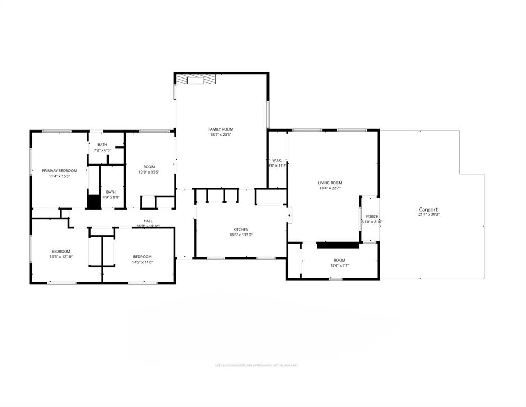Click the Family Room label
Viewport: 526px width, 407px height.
220,129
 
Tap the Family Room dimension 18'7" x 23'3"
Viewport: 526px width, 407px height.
220,135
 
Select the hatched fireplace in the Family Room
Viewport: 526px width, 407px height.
196,79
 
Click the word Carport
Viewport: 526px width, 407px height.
428,209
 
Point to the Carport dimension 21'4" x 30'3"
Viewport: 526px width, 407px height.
429,215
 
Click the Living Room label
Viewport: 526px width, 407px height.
329,183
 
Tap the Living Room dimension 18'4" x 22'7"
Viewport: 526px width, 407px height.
329,188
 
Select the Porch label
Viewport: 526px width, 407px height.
372,217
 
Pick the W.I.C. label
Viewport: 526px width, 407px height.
277,160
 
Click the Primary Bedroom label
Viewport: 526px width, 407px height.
59,170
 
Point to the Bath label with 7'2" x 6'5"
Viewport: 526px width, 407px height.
102,145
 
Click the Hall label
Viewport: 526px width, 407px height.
148,221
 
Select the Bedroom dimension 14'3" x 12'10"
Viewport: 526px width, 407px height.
61,257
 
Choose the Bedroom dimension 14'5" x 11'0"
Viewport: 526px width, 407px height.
142,262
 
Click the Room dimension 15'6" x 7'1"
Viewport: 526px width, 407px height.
340,266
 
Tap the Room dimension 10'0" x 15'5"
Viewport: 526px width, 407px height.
149,172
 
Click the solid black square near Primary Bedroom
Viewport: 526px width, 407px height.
93,202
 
